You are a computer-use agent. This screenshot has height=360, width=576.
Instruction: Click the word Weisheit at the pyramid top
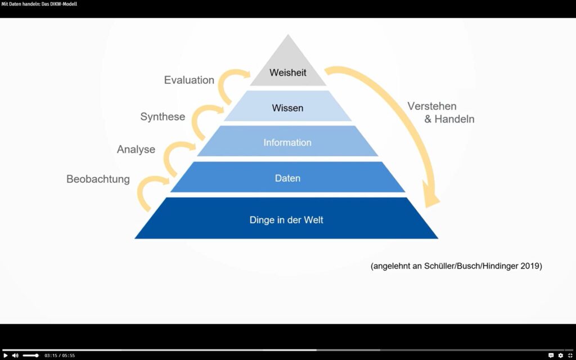287,73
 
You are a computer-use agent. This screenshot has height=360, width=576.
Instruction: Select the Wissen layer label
287,107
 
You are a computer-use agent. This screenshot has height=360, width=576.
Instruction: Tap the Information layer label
287,143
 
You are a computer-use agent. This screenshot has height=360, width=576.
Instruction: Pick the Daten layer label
287,178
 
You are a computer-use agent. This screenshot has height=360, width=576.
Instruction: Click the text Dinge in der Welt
286,220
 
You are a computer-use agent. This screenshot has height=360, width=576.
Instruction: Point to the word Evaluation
189,80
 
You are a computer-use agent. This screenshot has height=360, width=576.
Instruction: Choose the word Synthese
163,117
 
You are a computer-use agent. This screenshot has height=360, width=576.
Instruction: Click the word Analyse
136,150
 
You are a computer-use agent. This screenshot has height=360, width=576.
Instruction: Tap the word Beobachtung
98,179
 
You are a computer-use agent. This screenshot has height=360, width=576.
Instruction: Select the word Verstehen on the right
432,106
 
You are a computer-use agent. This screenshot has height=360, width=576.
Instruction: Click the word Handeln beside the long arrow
454,119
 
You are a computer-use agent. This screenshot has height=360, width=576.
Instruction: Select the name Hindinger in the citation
494,266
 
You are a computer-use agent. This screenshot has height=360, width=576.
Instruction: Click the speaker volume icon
15,355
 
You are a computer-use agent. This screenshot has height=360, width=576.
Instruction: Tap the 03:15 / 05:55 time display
60,355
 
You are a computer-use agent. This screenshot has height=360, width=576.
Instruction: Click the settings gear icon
560,355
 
